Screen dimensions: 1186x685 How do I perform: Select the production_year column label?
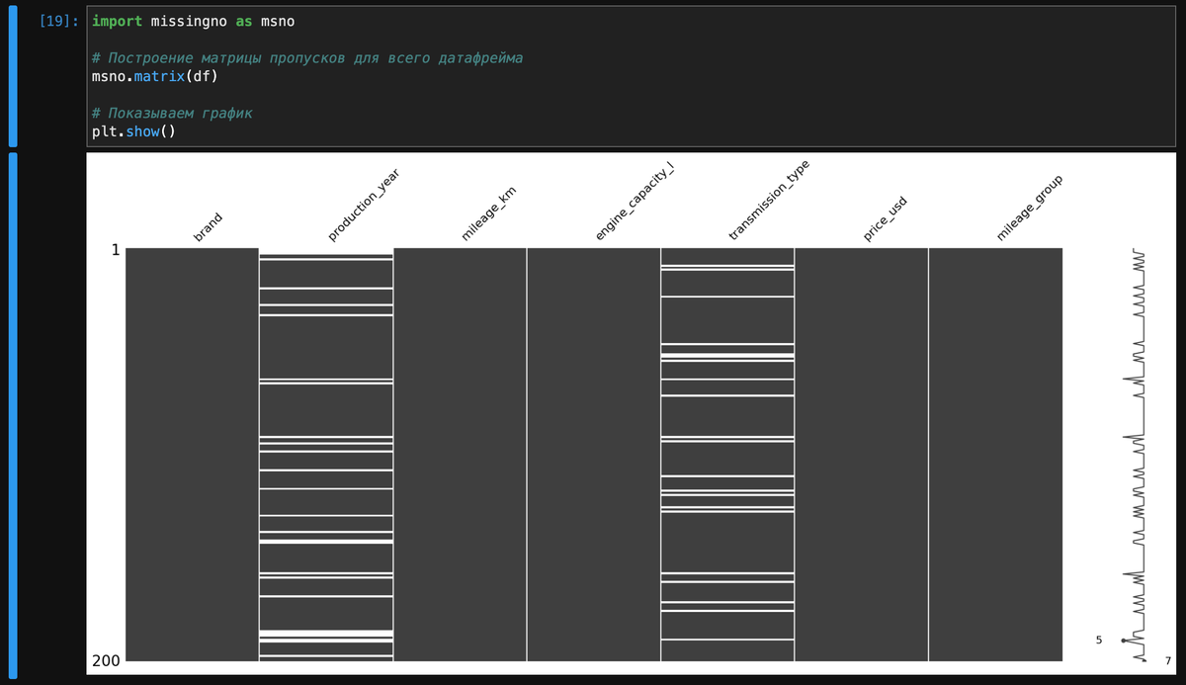tap(363, 206)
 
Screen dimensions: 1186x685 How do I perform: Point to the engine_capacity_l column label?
tap(634, 205)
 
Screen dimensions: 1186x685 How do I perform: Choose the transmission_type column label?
tap(769, 202)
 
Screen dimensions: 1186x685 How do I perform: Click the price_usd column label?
tap(886, 219)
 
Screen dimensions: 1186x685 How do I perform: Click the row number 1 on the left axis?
tap(116, 251)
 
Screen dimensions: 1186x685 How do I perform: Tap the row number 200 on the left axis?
tap(108, 660)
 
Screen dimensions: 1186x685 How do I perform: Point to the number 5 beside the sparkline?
tap(1098, 641)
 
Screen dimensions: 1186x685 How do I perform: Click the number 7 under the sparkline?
tap(1167, 660)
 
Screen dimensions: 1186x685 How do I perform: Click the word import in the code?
tap(117, 21)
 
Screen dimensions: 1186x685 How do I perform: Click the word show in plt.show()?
tap(142, 131)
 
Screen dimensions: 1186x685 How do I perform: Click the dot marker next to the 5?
tap(1123, 642)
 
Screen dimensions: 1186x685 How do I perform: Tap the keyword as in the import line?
tap(243, 21)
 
